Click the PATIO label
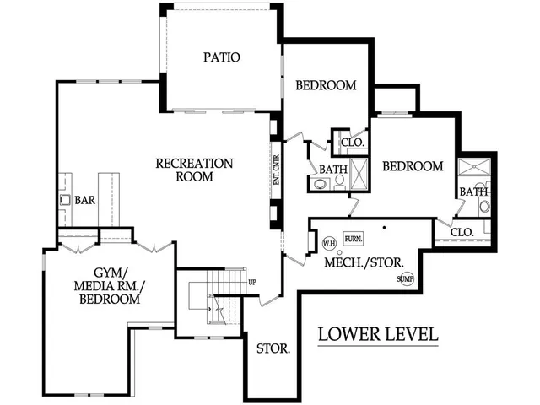[x=222, y=58]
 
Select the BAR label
[x=84, y=201]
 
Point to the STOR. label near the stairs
[x=273, y=348]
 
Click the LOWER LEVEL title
[x=377, y=333]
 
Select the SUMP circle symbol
[x=406, y=278]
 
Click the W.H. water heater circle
[x=330, y=244]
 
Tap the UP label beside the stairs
[x=252, y=283]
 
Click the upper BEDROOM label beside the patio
[x=326, y=85]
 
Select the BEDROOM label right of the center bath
[x=413, y=166]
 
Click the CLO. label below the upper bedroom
[x=352, y=143]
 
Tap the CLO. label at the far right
[x=462, y=231]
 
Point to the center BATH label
[x=332, y=170]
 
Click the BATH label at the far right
[x=472, y=192]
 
